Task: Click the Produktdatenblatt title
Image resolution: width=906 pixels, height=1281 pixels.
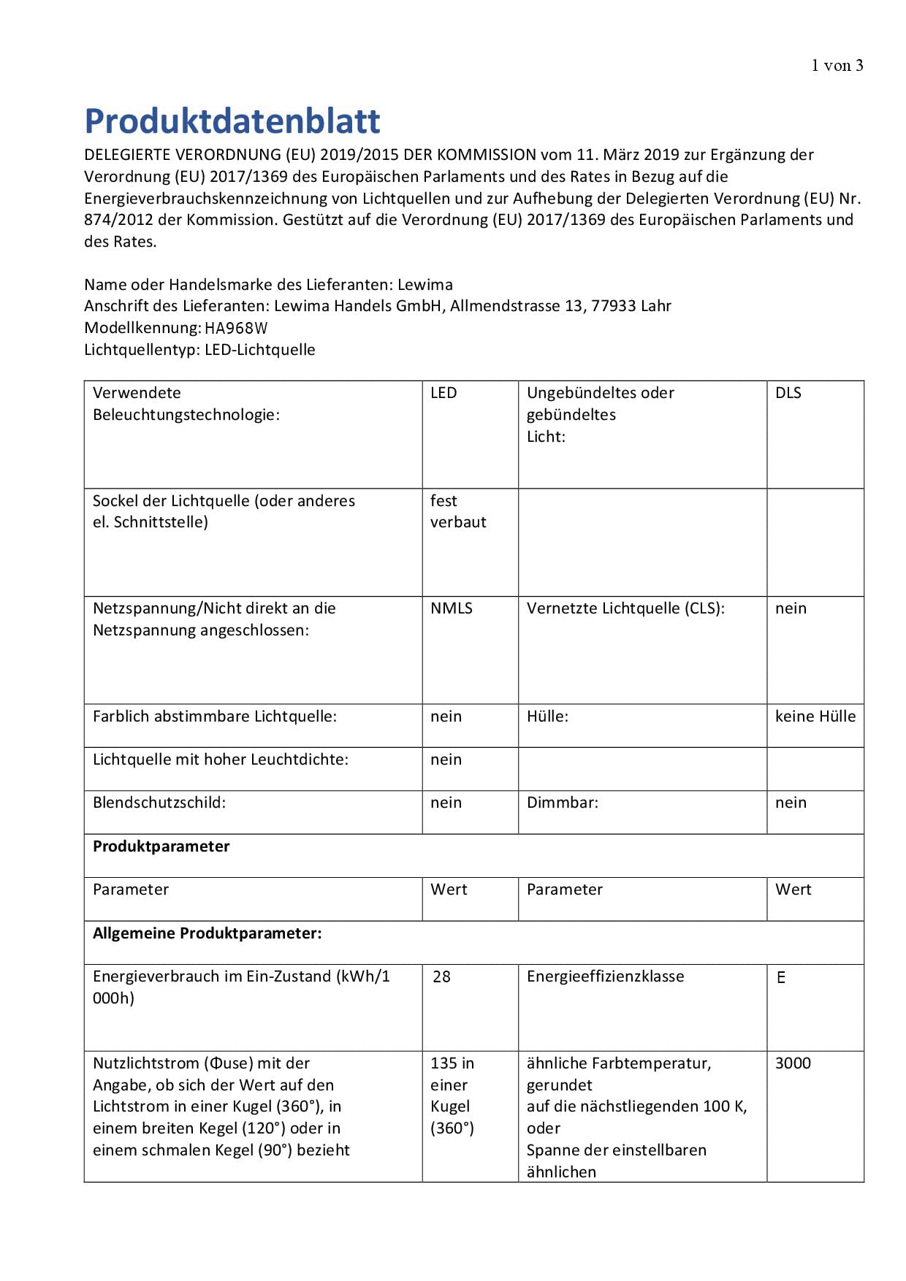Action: tap(232, 121)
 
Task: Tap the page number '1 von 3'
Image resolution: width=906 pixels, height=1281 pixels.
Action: tap(837, 66)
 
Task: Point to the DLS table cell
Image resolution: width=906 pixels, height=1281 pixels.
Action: tap(788, 393)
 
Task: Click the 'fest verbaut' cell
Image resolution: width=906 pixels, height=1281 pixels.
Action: tap(458, 511)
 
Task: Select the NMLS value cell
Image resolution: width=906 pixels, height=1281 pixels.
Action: tap(452, 608)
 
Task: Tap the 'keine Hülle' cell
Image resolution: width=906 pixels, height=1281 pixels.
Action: tap(815, 716)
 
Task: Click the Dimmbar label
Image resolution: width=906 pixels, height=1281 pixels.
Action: tap(562, 803)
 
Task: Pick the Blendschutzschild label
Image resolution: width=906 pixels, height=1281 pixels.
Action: tap(159, 803)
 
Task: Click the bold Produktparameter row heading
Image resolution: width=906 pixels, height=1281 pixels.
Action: tap(161, 846)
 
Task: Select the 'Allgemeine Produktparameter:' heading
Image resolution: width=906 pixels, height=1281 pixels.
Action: tap(207, 933)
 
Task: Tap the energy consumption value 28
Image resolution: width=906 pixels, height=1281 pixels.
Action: tap(442, 976)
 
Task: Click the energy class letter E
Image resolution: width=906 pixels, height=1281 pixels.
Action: tap(781, 977)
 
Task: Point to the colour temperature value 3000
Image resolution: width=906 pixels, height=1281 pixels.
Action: tap(793, 1063)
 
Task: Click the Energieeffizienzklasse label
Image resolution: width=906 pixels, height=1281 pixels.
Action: tap(605, 976)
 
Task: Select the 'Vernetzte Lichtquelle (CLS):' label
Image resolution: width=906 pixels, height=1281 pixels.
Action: tap(625, 608)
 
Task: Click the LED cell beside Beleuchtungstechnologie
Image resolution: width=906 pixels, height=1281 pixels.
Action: tap(444, 393)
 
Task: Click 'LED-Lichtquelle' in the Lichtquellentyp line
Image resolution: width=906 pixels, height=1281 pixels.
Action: tap(260, 350)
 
